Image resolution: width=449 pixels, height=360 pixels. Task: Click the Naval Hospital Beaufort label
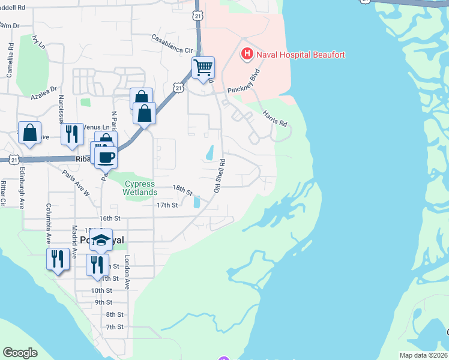[301, 55]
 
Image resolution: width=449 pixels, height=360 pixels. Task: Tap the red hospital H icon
[246, 55]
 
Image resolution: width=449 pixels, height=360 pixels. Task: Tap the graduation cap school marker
[102, 239]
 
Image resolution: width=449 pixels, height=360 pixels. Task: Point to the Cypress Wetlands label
[140, 188]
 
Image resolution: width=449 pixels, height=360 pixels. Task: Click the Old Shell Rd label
[220, 175]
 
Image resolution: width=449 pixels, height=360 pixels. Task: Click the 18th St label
[182, 190]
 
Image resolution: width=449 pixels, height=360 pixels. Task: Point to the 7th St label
[114, 327]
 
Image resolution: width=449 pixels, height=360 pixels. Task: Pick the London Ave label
[127, 273]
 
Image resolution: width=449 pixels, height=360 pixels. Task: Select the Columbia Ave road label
[47, 222]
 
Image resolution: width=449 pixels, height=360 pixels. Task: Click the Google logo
[20, 352]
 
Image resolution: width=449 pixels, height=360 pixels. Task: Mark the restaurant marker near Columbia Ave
[56, 259]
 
